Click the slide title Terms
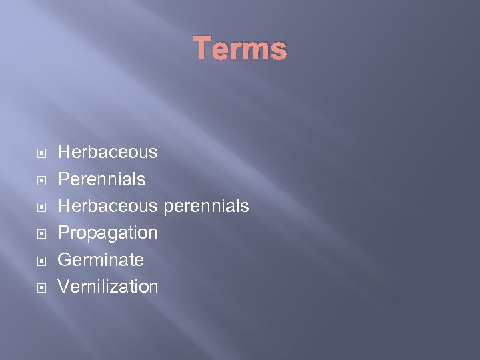[x=240, y=49]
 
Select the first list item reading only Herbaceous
[x=108, y=152]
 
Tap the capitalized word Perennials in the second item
[x=101, y=179]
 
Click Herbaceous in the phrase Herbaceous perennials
[x=108, y=206]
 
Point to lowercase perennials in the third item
[x=206, y=206]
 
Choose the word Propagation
[x=108, y=233]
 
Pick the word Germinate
[x=101, y=260]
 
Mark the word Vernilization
[x=108, y=287]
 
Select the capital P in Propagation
[x=64, y=233]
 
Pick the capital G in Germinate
[x=65, y=260]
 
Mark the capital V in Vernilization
[x=64, y=287]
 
